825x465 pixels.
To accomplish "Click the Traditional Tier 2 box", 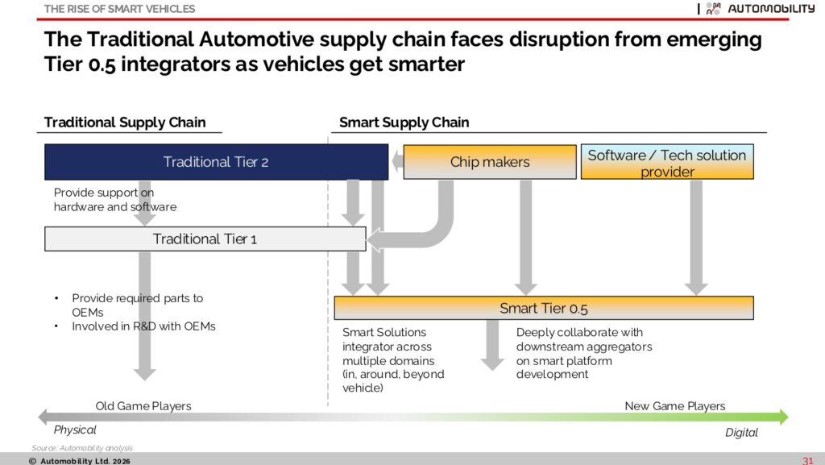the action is tap(216, 162).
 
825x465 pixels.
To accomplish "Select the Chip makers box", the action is tap(490, 162).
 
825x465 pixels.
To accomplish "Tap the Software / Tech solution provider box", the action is tap(667, 162).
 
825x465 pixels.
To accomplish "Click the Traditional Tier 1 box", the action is tap(205, 239).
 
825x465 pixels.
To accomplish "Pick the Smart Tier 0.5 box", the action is tap(544, 308).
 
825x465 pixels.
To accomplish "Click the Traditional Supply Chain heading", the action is tap(125, 122).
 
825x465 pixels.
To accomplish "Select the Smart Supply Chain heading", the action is tap(404, 122).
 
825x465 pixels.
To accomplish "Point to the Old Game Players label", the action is tap(143, 406).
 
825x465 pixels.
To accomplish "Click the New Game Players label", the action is tap(675, 406).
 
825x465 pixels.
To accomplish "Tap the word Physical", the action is tap(75, 430).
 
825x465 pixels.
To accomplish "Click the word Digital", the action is tap(741, 433).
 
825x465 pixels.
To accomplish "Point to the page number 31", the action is tap(807, 461).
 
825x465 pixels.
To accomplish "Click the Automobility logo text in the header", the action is tap(771, 8).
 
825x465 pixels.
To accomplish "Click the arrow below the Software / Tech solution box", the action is tap(696, 238).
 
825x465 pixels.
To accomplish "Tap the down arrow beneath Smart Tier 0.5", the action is tap(492, 345).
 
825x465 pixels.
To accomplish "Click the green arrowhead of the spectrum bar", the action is tap(783, 417).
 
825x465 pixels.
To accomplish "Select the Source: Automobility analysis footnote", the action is tap(82, 448).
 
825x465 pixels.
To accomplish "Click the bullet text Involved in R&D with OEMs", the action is tap(143, 326).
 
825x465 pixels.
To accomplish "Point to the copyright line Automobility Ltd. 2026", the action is tap(80, 461).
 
